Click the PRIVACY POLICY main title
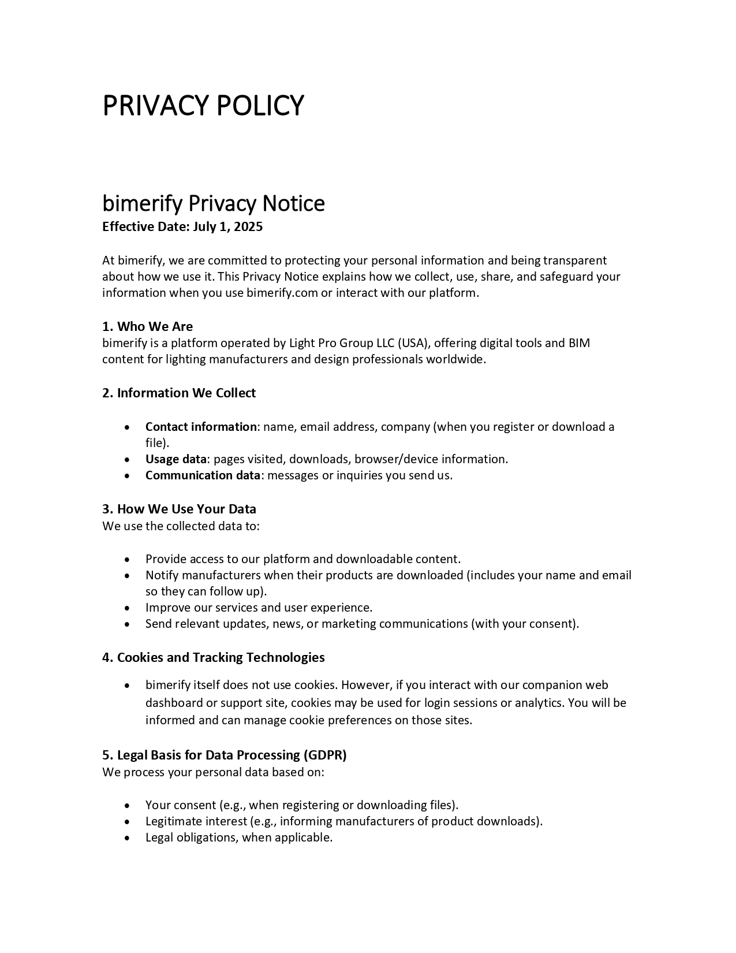[203, 106]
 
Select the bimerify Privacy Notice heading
[214, 203]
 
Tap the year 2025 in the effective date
[248, 226]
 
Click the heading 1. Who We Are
[147, 326]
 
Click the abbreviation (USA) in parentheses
[413, 343]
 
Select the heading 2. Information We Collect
[179, 393]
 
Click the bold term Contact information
[201, 427]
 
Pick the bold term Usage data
[175, 459]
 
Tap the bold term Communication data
[203, 475]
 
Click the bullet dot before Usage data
[127, 460]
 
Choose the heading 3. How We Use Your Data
[179, 509]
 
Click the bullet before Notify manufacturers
[127, 576]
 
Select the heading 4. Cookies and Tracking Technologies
[213, 657]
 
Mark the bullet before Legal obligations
[127, 838]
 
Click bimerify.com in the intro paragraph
[282, 293]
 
